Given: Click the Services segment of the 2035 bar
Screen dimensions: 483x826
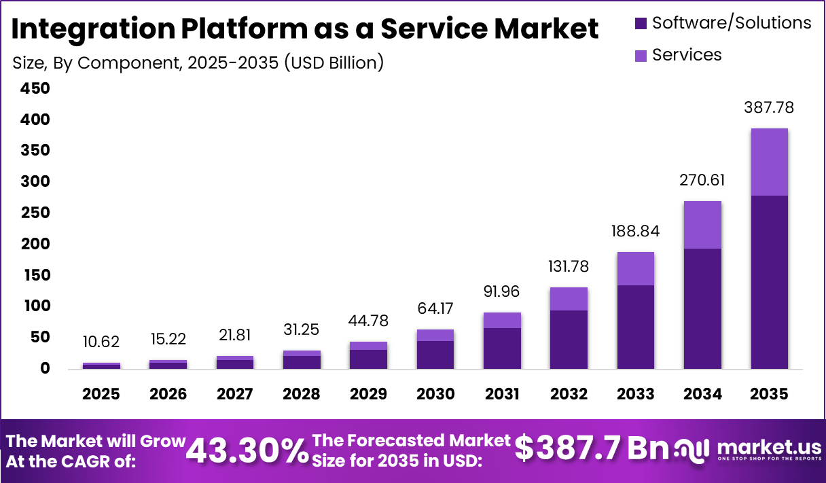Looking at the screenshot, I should coord(769,162).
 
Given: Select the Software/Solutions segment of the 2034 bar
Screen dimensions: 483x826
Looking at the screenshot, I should coord(702,308).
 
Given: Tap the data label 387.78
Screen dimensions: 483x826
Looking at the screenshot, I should coord(769,107).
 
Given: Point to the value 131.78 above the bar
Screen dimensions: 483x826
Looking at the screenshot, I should coord(569,266).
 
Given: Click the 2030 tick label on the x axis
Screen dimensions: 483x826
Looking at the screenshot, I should coord(435,394).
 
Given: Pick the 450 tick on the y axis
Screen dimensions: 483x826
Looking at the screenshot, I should coord(35,88).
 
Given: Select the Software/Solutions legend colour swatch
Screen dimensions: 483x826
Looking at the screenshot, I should coord(641,24).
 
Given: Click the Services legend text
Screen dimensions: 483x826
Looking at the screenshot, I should coord(686,54).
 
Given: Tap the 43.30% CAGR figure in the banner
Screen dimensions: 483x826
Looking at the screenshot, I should coord(247,450).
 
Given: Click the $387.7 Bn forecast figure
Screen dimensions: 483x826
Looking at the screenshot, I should coord(592,448).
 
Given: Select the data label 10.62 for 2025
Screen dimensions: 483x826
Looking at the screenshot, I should coord(101,342).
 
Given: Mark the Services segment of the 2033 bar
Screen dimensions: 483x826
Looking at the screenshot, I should coord(636,268).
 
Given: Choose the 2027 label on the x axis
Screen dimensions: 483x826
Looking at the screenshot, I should coord(235,394).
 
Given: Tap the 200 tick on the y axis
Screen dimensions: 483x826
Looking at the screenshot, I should coord(35,244).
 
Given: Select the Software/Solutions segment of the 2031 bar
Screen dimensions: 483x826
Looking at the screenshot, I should coord(502,348).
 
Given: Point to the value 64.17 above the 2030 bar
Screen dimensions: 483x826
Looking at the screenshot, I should coord(435,308).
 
